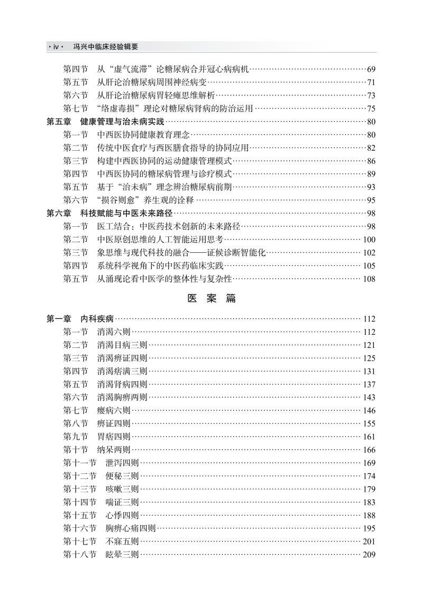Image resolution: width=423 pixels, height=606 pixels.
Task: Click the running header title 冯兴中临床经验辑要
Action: tap(105, 47)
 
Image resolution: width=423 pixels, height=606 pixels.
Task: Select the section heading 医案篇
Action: tap(212, 298)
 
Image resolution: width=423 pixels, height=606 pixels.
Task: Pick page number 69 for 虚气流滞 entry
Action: tap(371, 69)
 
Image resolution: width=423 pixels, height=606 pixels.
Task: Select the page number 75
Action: tap(371, 109)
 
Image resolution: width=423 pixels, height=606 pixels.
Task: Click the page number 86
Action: tap(371, 161)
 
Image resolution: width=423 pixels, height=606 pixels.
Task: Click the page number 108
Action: tap(369, 279)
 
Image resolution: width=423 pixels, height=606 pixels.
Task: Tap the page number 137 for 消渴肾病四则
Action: tap(369, 384)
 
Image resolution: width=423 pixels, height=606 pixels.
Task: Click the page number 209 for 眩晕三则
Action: tap(369, 555)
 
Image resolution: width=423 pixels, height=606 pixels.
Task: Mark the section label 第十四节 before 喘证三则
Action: tap(80, 502)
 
